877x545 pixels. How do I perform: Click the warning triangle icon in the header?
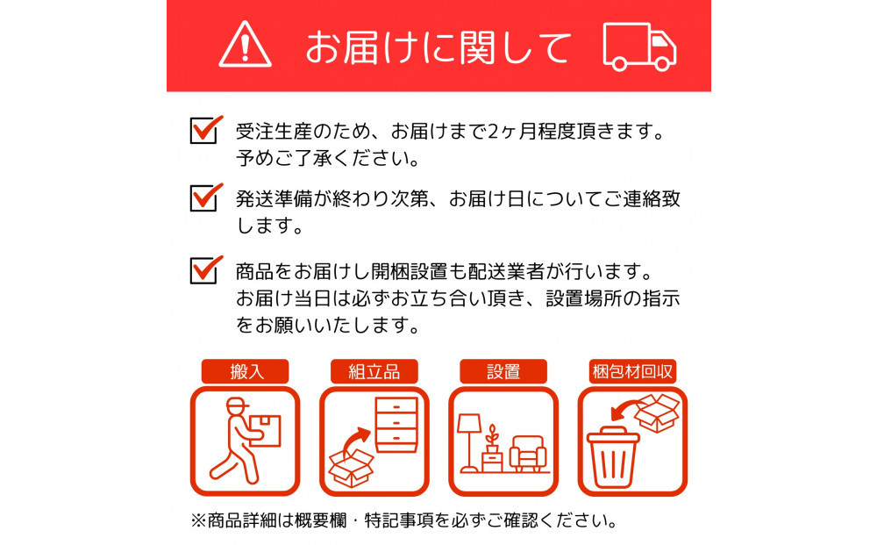246,46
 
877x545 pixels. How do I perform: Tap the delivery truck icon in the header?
640,46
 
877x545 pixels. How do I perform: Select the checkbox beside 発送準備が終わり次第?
203,197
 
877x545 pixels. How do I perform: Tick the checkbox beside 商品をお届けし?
203,269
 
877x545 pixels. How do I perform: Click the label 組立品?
374,371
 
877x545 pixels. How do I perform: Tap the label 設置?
503,371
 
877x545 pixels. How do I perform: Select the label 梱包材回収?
631,371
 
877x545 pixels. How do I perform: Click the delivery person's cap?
237,405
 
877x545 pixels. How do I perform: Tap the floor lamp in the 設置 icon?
468,439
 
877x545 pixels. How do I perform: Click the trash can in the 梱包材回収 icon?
614,456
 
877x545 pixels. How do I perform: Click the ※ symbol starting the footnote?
198,520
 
